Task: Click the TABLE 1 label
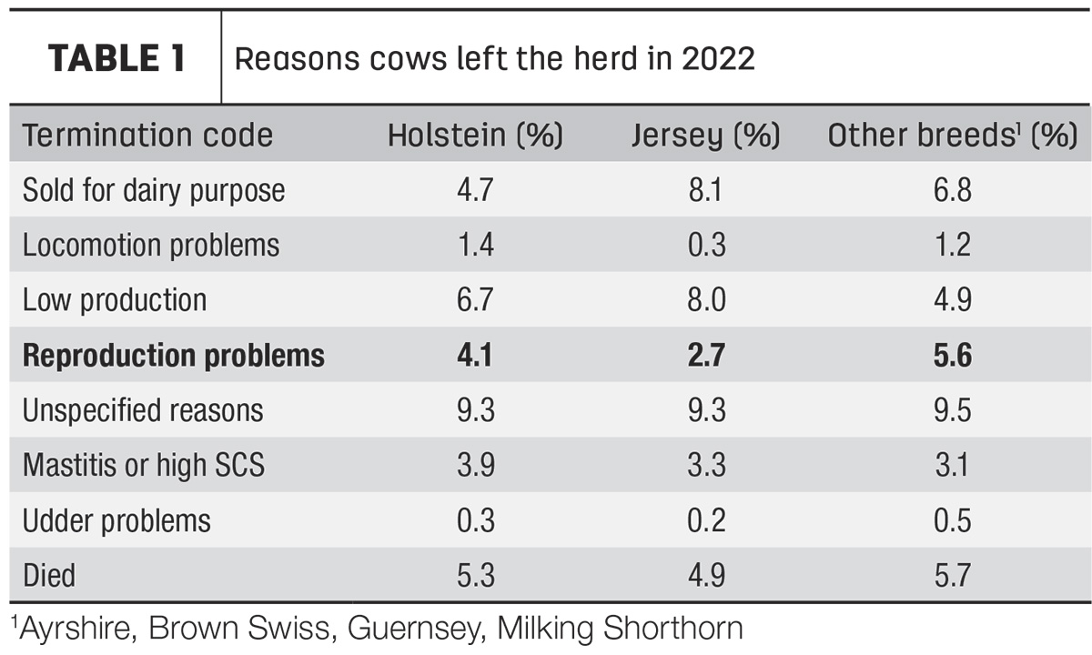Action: (x=116, y=58)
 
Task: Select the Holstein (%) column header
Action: (x=475, y=135)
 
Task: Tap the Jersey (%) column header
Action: (x=706, y=135)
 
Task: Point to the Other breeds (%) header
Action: (x=953, y=135)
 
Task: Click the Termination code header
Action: (x=147, y=135)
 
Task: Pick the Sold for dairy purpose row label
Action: (x=154, y=190)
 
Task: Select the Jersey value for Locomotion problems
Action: (x=706, y=245)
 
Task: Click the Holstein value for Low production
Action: (x=475, y=299)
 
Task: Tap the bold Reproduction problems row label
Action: (x=174, y=356)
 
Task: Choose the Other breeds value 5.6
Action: (x=953, y=355)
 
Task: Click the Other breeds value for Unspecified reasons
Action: (x=953, y=410)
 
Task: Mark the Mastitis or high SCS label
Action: (x=144, y=465)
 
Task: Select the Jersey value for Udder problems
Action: (x=706, y=520)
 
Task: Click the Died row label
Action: (x=49, y=576)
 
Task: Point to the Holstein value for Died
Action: (x=476, y=576)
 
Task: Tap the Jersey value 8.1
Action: (x=705, y=190)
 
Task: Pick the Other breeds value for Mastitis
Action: (x=951, y=465)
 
